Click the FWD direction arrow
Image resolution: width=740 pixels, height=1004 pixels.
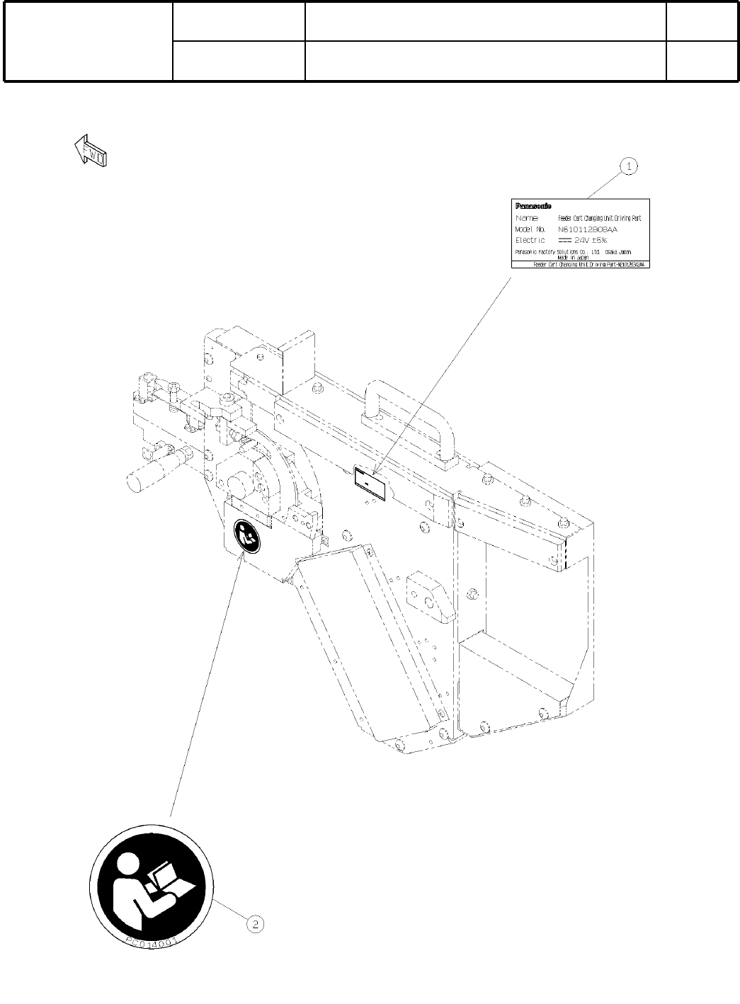tap(91, 151)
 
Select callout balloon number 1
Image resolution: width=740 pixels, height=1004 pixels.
tap(629, 166)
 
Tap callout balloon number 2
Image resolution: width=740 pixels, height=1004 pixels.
tap(255, 924)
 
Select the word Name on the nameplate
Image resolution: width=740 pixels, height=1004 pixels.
tap(528, 218)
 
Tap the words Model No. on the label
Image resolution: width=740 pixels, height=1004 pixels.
tap(531, 229)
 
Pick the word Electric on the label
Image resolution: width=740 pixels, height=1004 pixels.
tap(530, 241)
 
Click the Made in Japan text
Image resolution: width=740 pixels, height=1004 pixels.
tap(573, 257)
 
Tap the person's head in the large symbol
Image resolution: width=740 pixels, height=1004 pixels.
tap(128, 865)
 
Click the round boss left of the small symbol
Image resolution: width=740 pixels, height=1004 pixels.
tap(238, 486)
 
